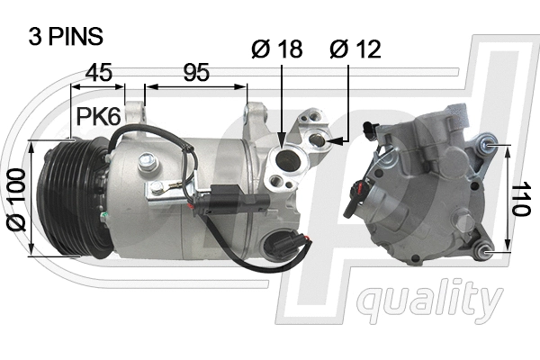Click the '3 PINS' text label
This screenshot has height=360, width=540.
[67, 37]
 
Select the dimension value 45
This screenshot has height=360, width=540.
[99, 73]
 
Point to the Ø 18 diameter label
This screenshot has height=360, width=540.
[276, 49]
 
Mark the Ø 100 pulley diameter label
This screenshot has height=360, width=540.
[15, 197]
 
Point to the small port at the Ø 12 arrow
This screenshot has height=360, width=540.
[319, 140]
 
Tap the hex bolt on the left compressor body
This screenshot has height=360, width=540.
[158, 188]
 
